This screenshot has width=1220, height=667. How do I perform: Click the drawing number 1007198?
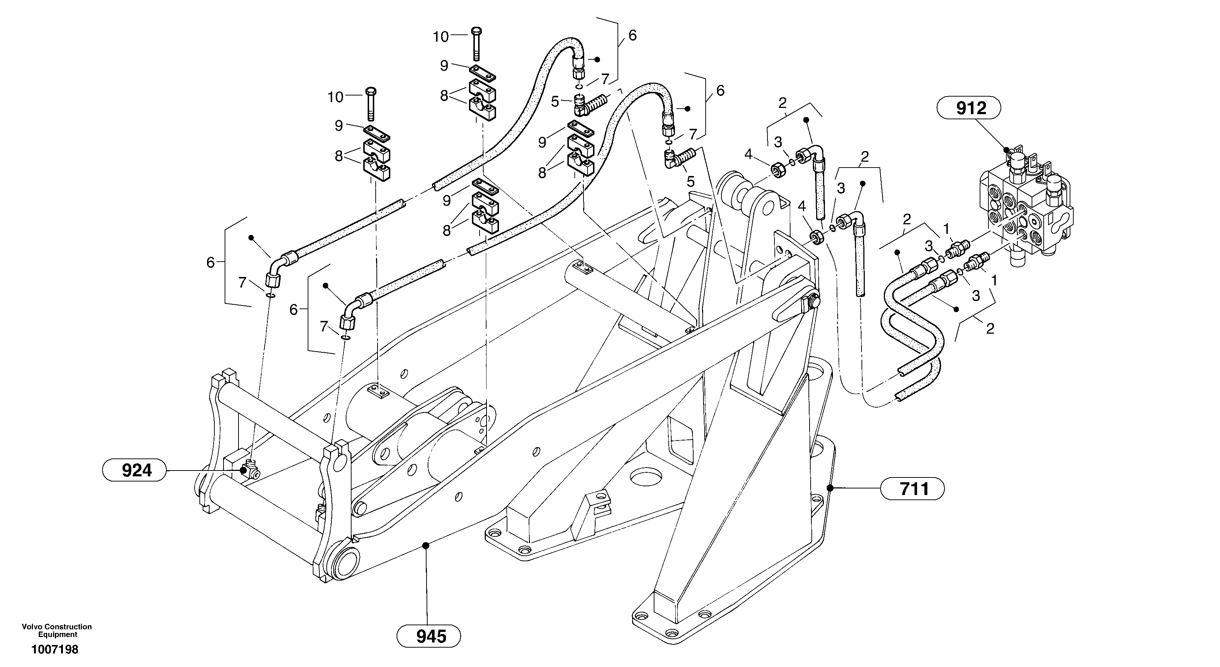pos(55,649)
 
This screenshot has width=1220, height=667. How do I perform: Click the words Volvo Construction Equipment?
pos(57,630)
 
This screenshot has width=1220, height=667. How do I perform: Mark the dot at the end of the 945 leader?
pos(426,545)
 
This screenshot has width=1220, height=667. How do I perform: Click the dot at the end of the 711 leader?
pos(829,487)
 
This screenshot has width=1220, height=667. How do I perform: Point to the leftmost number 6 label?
pos(210,262)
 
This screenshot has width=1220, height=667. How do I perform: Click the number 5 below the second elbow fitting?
pos(691,181)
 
